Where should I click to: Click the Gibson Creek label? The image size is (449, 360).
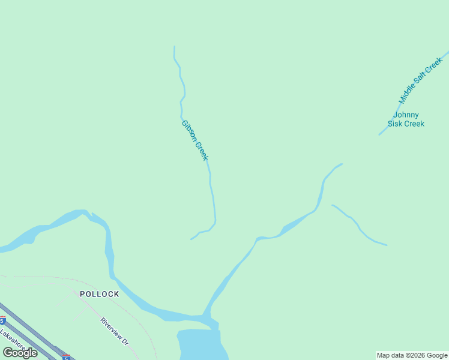pos(194,140)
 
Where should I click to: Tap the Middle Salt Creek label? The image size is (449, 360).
pos(420,80)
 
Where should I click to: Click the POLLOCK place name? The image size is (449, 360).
pos(100,294)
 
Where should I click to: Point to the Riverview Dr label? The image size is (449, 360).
pos(114,331)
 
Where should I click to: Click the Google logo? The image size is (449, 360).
pos(20,353)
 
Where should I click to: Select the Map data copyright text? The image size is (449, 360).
pos(412,355)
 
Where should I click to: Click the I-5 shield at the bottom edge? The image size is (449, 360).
pos(66,357)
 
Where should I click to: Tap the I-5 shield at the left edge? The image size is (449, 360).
pos(2,320)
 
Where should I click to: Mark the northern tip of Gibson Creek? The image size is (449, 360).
pos(175,47)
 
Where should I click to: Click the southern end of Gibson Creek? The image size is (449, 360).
pos(191,239)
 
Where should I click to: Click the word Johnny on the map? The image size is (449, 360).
pos(406,115)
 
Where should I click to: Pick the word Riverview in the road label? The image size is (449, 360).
pos(110,328)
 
